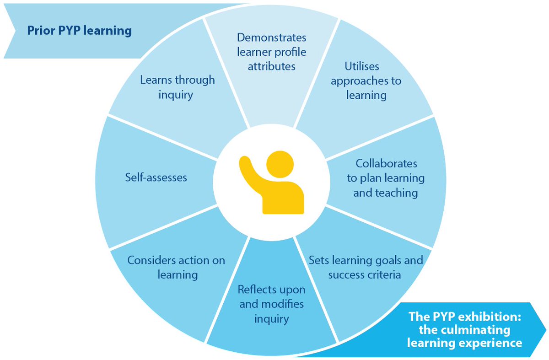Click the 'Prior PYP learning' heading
pos(79,31)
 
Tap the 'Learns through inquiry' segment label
pos(177,87)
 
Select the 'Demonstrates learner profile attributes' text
pos(272,51)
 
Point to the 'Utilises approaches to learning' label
pos(366,81)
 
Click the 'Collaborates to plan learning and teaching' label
pos(386,178)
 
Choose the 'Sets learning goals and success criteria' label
pos(366,268)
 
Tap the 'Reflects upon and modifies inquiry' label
pos(272,304)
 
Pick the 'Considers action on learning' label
pos(177,268)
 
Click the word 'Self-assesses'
pos(156,177)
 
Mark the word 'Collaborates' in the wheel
pos(386,163)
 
